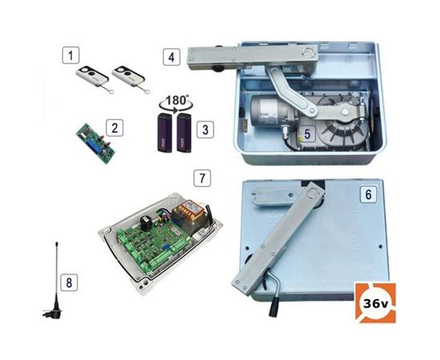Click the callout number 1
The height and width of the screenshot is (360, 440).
click(70, 55)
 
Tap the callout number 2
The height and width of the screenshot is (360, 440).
click(114, 128)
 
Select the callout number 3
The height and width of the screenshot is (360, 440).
click(205, 130)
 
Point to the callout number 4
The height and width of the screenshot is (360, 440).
click(171, 57)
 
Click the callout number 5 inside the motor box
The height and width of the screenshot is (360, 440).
click(307, 134)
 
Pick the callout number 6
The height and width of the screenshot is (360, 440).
click(369, 194)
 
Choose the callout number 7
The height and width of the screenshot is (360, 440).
click(202, 178)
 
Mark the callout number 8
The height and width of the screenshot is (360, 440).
click(69, 282)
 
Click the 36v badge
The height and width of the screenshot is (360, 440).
click(375, 303)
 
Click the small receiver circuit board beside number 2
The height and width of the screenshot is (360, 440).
click(95, 143)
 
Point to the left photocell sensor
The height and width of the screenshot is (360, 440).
click(165, 133)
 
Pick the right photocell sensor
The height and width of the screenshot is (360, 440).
click(184, 133)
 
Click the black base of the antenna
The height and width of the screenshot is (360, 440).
click(55, 310)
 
